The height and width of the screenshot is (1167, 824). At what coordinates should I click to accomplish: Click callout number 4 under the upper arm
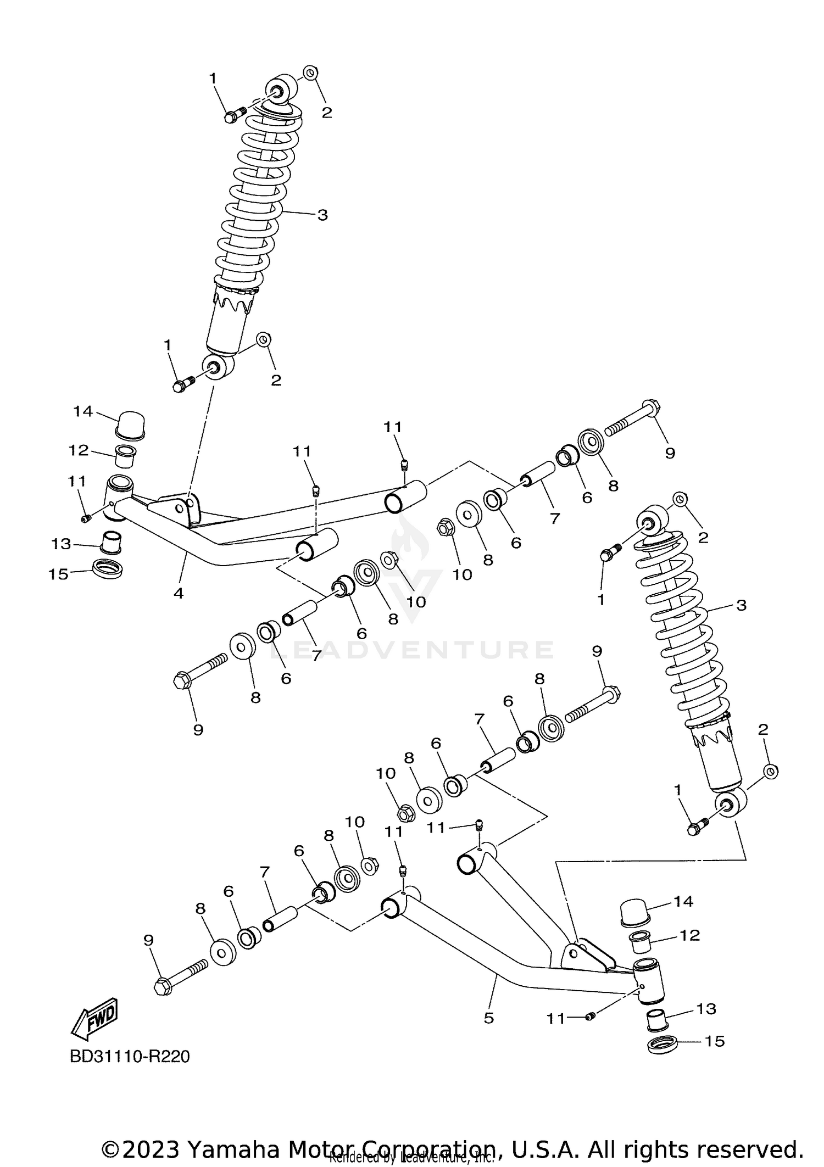pos(179,593)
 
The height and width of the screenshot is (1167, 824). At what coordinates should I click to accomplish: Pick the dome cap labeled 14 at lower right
pos(634,913)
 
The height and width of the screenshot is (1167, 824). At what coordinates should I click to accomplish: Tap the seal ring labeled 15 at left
pos(107,568)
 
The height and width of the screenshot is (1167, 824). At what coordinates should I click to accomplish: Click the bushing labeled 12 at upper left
pos(125,457)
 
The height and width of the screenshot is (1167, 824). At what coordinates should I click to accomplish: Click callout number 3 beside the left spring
pos(322,215)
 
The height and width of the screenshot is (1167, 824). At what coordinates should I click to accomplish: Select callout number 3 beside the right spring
pos(741,606)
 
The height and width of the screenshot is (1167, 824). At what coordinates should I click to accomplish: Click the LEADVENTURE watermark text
pos(412,650)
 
